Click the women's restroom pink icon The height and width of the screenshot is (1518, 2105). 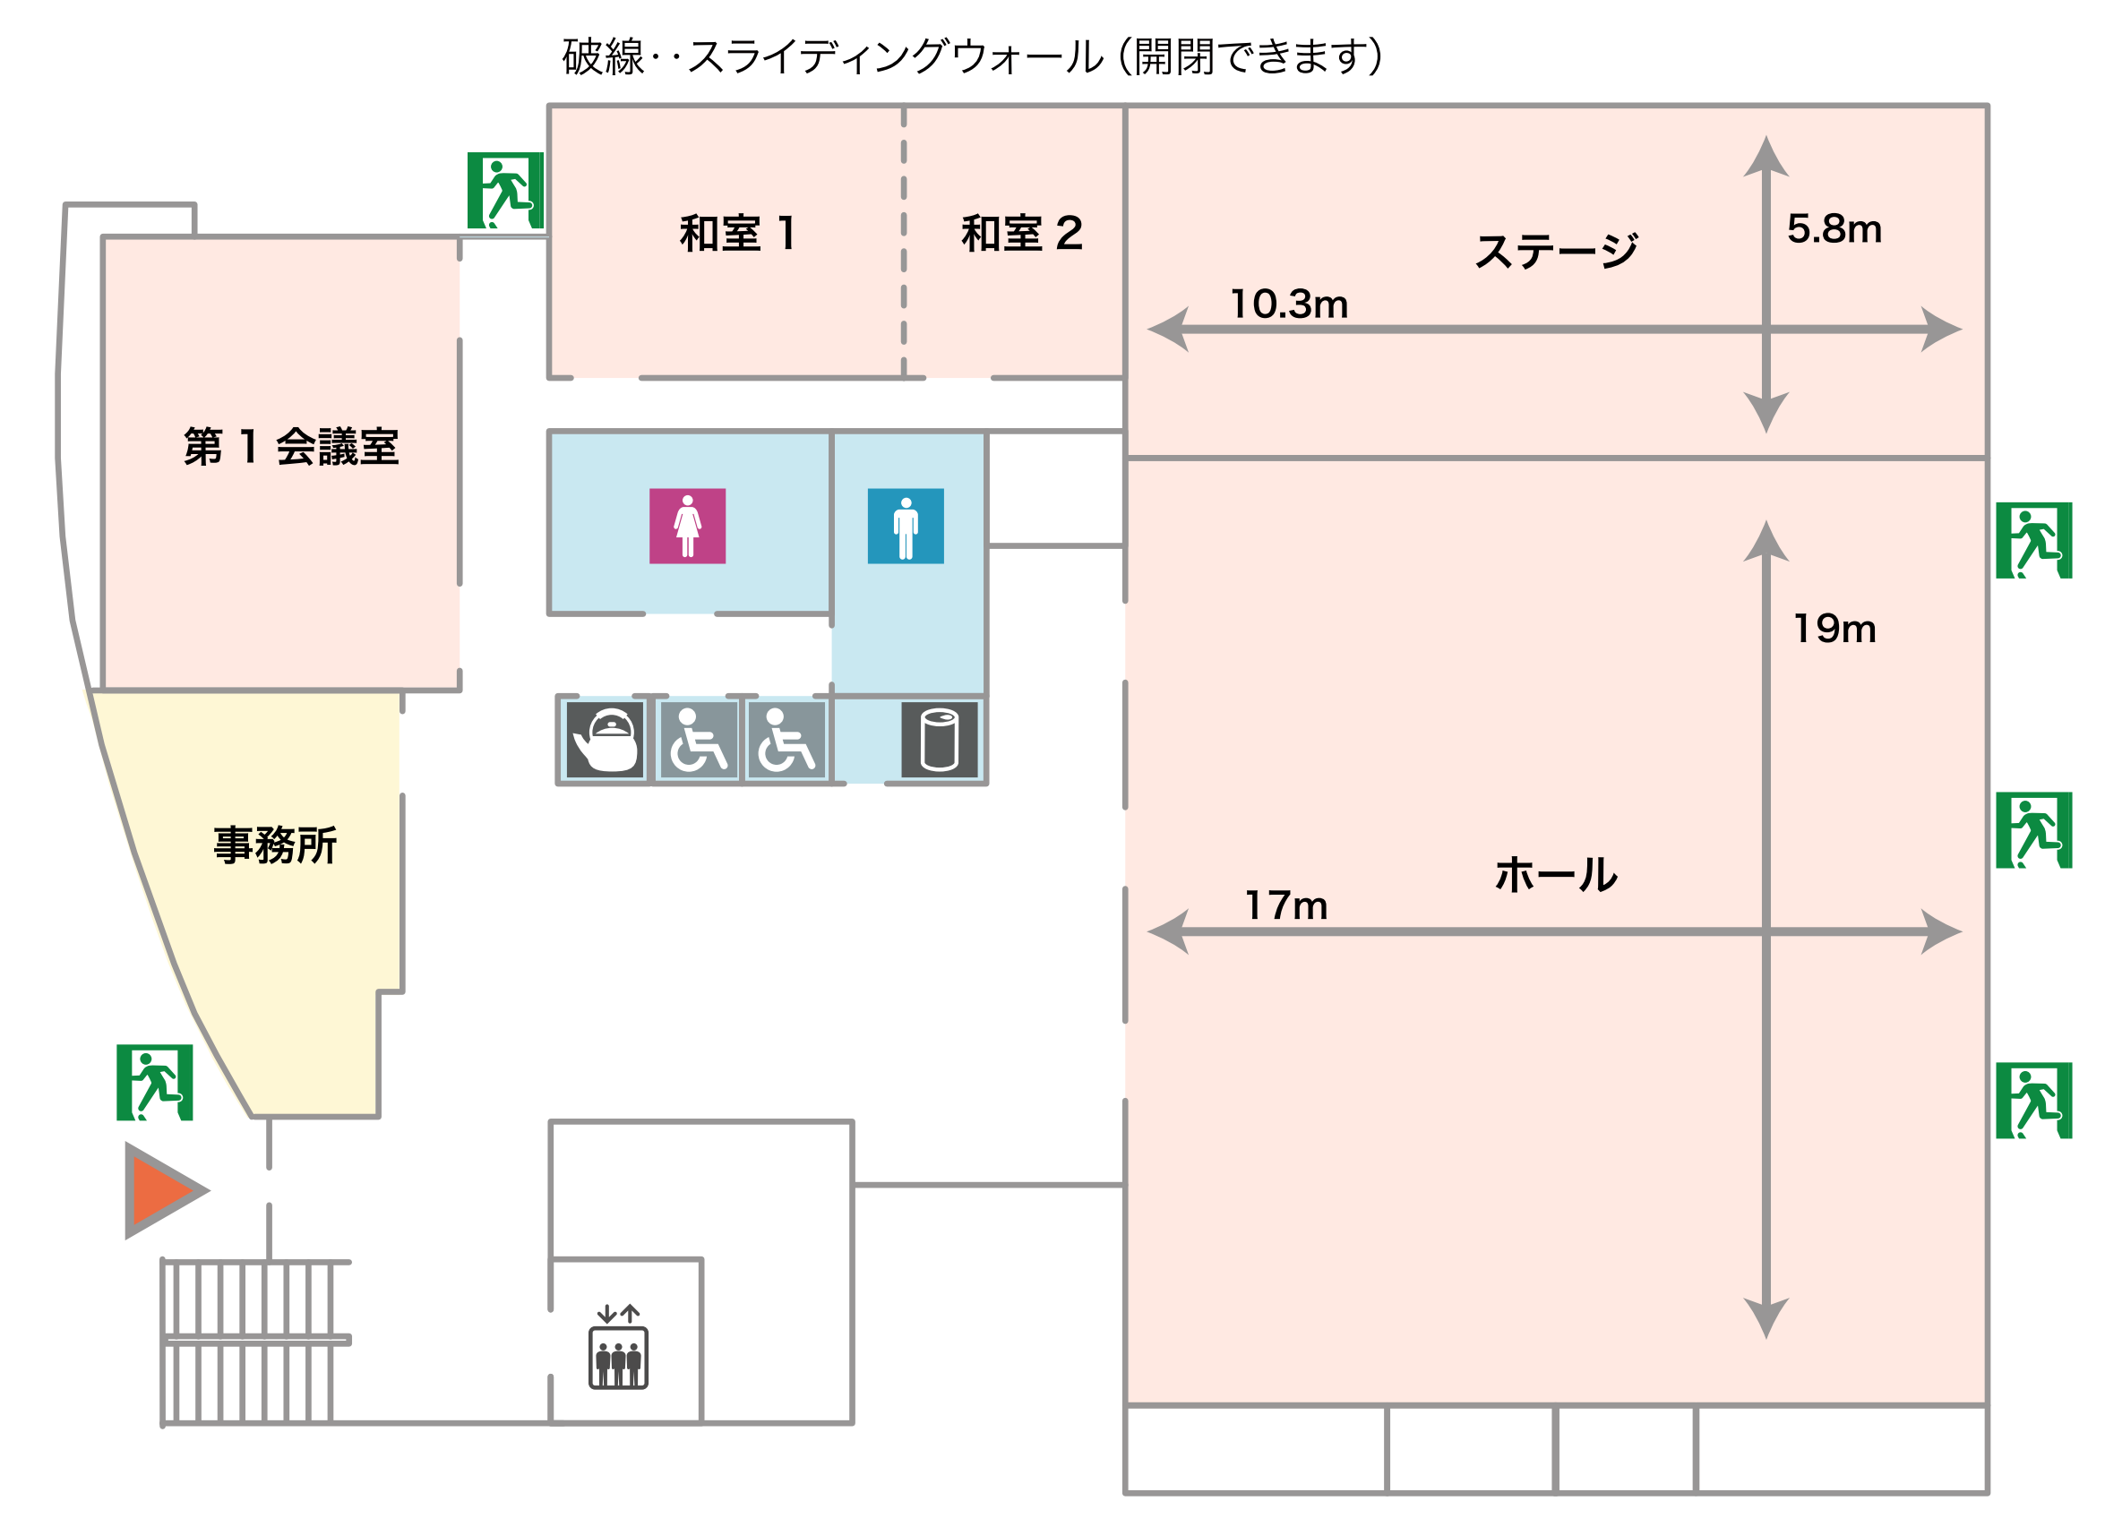(687, 526)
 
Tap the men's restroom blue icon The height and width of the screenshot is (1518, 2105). (905, 526)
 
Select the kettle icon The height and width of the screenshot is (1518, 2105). (606, 740)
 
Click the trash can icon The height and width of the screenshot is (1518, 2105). (939, 740)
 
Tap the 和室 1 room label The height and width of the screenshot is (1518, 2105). (738, 233)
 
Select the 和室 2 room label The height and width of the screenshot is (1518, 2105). (1021, 233)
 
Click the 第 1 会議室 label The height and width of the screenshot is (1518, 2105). (290, 446)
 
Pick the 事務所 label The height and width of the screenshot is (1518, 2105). (275, 845)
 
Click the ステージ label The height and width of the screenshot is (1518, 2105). (1557, 251)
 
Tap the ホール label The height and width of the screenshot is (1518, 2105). (1556, 875)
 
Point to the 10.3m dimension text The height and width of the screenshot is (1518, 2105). (1288, 304)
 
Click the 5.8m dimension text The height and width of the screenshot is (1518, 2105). (1834, 229)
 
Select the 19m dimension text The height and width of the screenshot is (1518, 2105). (1834, 629)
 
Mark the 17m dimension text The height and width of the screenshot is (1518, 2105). (1285, 905)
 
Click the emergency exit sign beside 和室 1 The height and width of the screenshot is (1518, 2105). (505, 190)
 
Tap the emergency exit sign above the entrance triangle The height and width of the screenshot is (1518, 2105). (154, 1082)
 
